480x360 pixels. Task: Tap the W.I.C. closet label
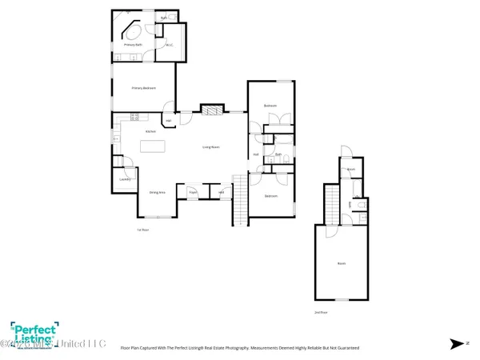pos(170,45)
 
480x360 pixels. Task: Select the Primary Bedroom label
pos(143,88)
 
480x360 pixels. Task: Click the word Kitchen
pos(150,131)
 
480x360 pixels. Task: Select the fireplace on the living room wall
pos(210,110)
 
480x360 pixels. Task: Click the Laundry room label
pos(124,179)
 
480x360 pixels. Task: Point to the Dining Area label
pos(157,192)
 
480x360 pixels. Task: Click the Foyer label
pos(193,192)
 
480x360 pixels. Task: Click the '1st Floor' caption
pos(143,230)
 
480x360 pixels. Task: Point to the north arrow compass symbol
pos(456,344)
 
